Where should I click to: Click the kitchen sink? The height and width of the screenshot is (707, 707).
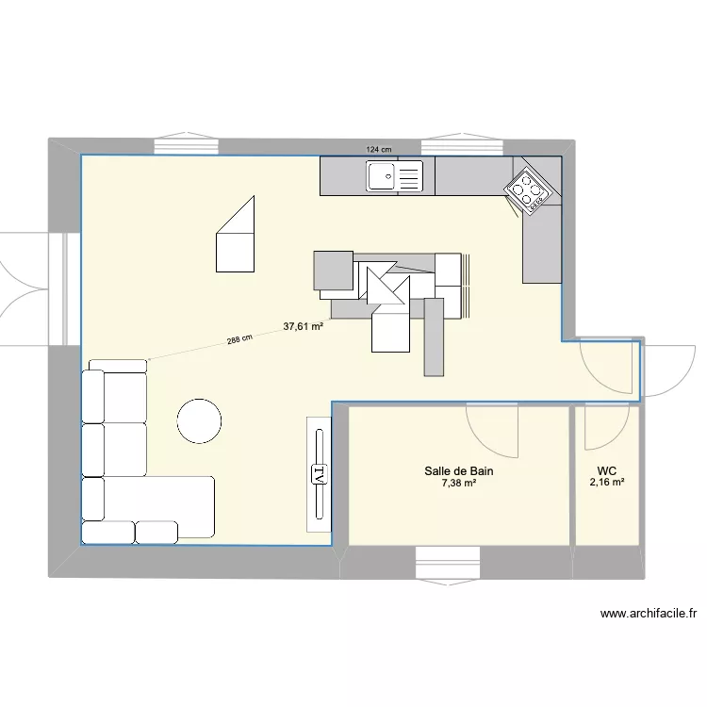(395, 175)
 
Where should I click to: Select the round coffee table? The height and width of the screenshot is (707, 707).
(200, 419)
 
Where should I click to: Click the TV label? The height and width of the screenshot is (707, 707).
(319, 474)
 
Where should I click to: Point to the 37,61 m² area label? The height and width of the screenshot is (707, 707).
(304, 327)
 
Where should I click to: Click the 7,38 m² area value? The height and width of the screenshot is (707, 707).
(459, 484)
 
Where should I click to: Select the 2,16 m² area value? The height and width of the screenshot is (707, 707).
(606, 484)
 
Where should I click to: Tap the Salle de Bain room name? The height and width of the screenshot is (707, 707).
(459, 470)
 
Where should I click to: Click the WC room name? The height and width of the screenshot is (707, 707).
(606, 469)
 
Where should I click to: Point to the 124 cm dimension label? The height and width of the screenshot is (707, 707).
(379, 149)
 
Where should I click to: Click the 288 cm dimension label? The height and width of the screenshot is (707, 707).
(239, 340)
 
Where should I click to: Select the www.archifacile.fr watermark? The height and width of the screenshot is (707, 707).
(649, 614)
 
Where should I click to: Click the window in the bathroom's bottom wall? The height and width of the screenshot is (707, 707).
(456, 564)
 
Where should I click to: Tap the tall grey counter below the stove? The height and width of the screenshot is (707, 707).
(542, 247)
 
